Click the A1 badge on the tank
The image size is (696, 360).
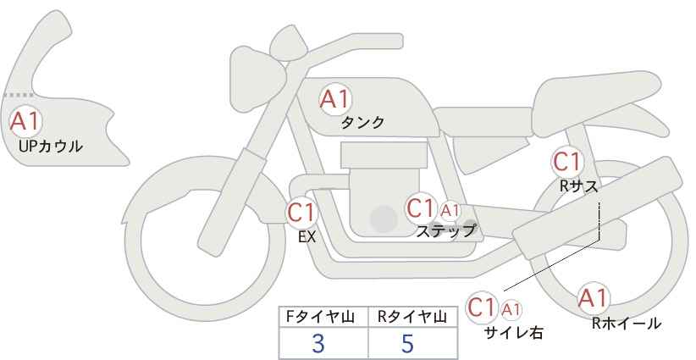pyautogui.click(x=334, y=99)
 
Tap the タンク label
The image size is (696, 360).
pyautogui.click(x=362, y=123)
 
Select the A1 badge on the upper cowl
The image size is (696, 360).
pyautogui.click(x=24, y=120)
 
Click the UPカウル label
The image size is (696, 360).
pyautogui.click(x=50, y=147)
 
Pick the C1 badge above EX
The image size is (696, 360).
pyautogui.click(x=301, y=212)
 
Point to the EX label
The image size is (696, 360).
pyautogui.click(x=307, y=237)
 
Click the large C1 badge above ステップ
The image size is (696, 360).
pyautogui.click(x=420, y=208)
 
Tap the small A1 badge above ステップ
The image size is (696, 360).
pyautogui.click(x=450, y=210)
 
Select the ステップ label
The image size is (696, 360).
pyautogui.click(x=445, y=230)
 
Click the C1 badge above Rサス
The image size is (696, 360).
pyautogui.click(x=566, y=161)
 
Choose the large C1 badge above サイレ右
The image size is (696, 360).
pyautogui.click(x=483, y=307)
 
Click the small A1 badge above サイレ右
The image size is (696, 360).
pyautogui.click(x=511, y=309)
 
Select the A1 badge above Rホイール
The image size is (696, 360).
pyautogui.click(x=593, y=298)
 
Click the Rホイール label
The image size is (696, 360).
pyautogui.click(x=627, y=323)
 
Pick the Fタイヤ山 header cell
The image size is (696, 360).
pyautogui.click(x=323, y=317)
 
